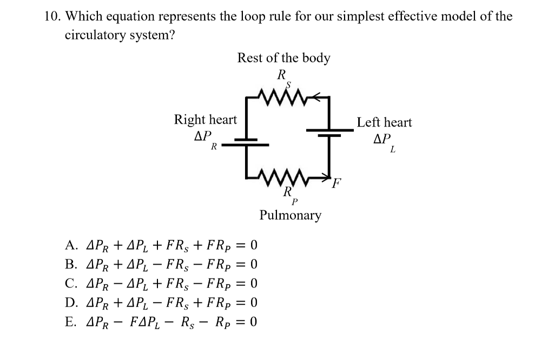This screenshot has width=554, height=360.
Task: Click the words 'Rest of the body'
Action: (283, 58)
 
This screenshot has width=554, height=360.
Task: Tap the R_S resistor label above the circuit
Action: (283, 78)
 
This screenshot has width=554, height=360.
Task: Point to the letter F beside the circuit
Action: (337, 181)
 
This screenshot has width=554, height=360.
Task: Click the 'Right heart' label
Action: (205, 120)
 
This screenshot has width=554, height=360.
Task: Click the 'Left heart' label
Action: (384, 122)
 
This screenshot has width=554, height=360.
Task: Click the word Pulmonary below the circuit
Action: (290, 215)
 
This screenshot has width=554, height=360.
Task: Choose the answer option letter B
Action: (70, 265)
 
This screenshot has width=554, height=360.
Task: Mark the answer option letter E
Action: (70, 322)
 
